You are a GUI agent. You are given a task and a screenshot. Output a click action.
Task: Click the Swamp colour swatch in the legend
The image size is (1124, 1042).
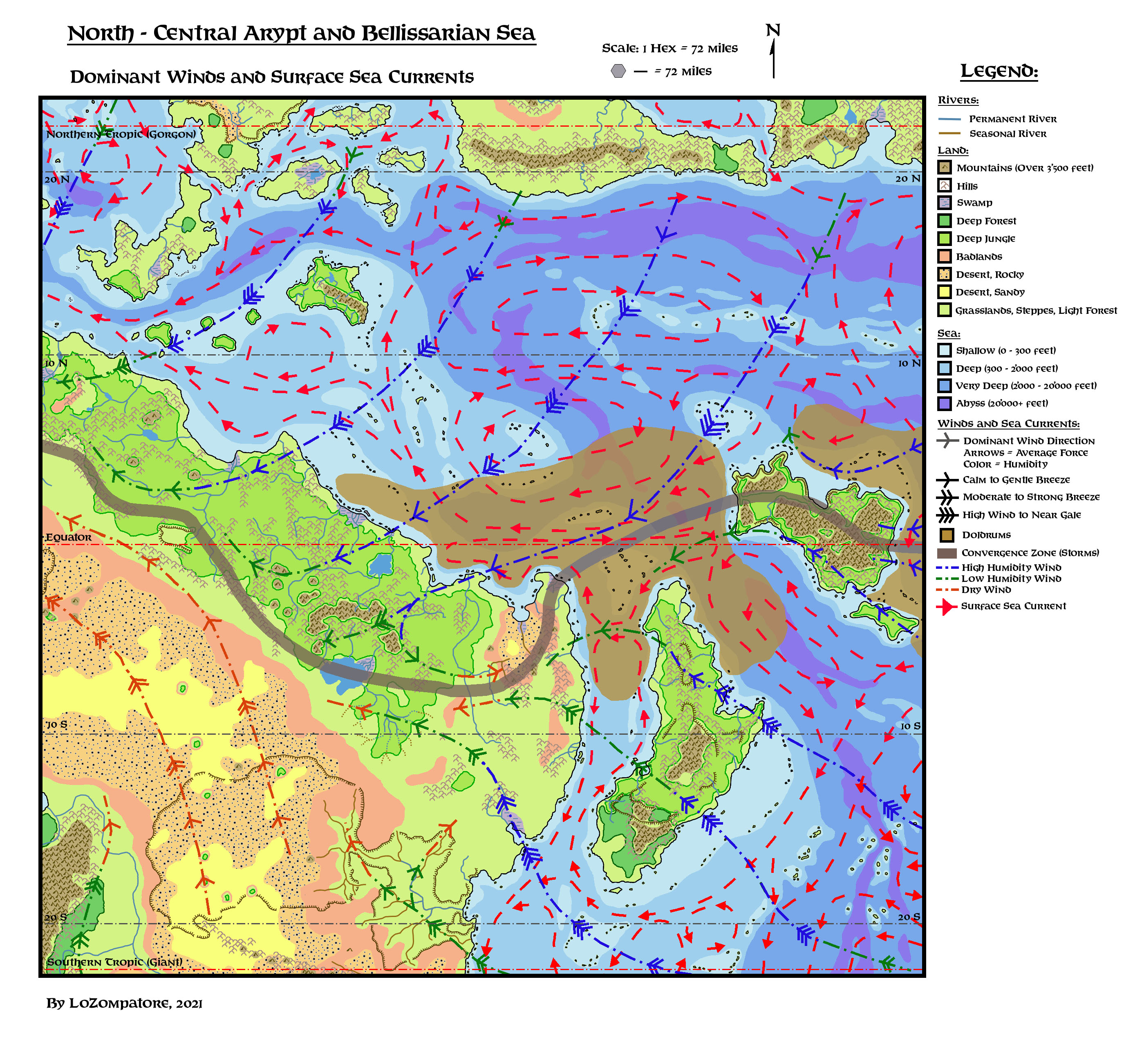tap(945, 202)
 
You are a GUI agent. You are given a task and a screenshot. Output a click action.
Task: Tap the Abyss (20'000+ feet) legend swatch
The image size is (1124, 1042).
tap(945, 403)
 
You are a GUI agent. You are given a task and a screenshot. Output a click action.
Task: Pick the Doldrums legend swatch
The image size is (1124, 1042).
tap(946, 534)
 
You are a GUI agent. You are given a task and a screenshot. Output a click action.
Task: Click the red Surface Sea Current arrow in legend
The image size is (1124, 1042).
tap(946, 606)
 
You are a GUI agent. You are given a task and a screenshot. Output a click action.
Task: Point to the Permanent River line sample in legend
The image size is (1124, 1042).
tap(949, 119)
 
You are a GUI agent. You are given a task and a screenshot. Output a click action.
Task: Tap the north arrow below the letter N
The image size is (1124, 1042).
tap(773, 59)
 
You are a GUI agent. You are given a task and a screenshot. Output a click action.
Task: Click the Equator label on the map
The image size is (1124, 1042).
tap(68, 537)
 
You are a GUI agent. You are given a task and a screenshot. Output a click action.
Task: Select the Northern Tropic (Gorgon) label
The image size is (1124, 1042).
tap(121, 134)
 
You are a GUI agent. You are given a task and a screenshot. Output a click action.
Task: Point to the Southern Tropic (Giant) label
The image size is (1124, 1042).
tap(114, 962)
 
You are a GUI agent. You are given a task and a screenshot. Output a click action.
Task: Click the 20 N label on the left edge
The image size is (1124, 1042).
tap(57, 179)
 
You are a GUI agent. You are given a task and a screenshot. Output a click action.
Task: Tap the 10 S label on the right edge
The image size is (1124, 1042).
tap(910, 726)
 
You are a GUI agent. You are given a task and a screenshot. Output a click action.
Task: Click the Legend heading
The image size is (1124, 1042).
tap(999, 72)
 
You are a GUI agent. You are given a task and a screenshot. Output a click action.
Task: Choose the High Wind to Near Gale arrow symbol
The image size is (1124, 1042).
tap(947, 515)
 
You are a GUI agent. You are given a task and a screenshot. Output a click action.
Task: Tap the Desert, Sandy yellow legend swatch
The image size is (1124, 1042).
tap(945, 292)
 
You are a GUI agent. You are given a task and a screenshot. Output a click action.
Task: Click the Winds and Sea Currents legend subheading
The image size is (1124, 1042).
tap(1008, 423)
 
